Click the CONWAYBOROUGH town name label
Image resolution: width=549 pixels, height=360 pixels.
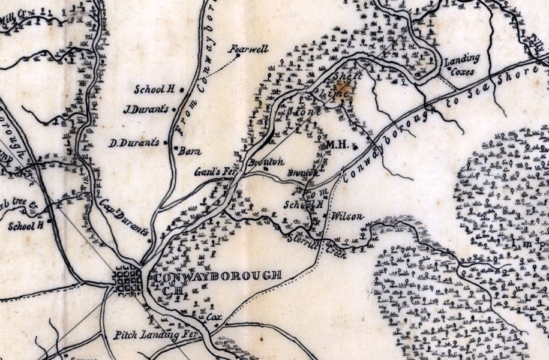(218, 277)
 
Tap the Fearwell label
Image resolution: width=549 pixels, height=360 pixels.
(251, 49)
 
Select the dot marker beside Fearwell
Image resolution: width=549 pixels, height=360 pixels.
(238, 56)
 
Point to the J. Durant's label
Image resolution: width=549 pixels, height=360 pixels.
(147, 109)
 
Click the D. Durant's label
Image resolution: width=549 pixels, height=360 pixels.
(142, 143)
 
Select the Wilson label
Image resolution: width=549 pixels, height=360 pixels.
(347, 215)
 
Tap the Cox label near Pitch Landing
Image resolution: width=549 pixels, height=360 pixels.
(214, 316)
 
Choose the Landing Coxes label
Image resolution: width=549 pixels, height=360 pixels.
(462, 65)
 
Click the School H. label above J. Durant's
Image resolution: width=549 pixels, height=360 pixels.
(154, 89)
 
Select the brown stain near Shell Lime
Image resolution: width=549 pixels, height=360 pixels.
(347, 92)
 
